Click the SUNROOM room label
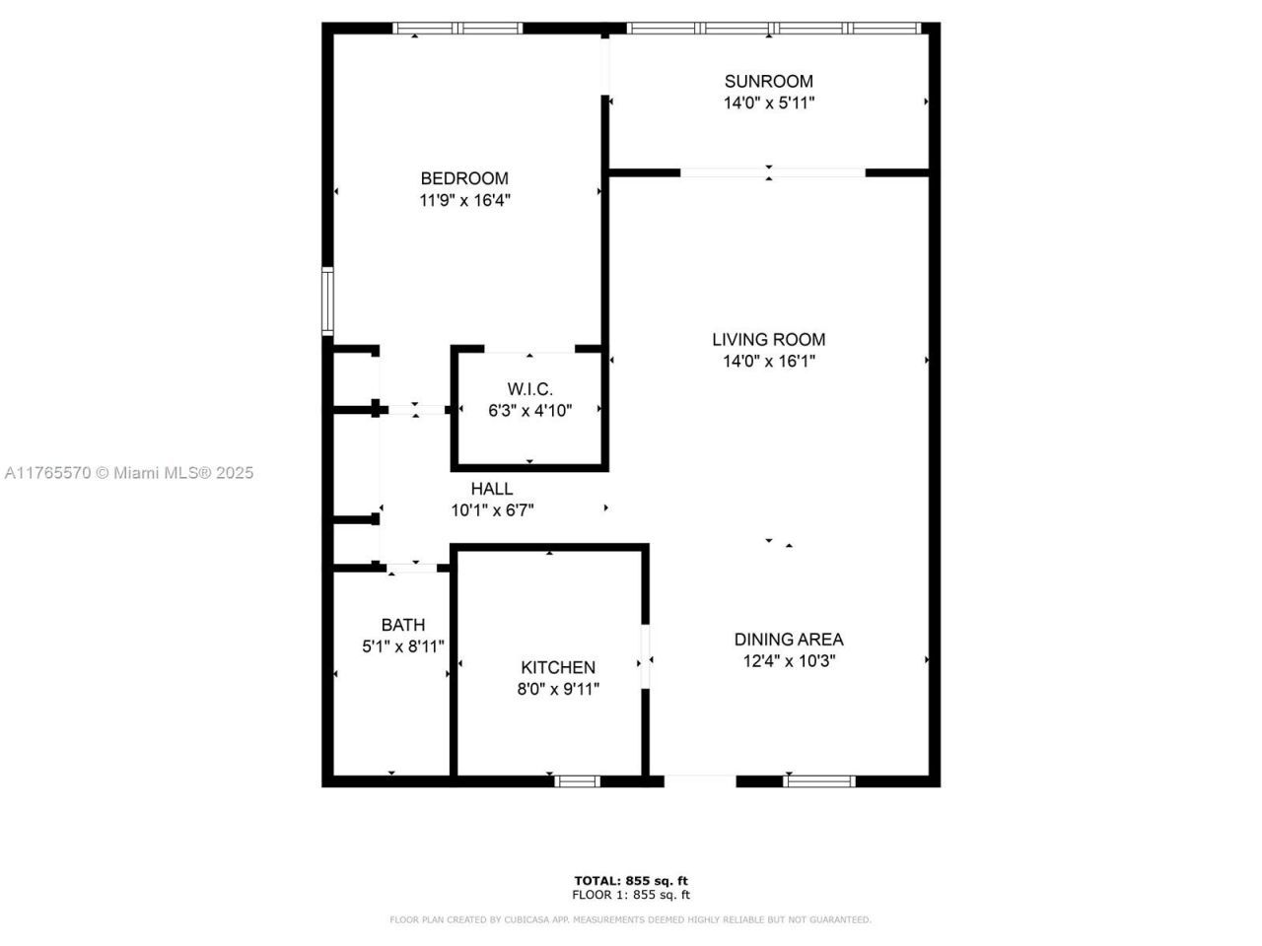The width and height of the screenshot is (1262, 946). pyautogui.click(x=768, y=81)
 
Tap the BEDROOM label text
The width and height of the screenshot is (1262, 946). pyautogui.click(x=464, y=178)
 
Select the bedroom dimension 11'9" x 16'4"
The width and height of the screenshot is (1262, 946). pyautogui.click(x=464, y=200)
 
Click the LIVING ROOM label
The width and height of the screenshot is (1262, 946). pyautogui.click(x=768, y=340)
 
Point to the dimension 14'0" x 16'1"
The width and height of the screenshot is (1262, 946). pyautogui.click(x=768, y=362)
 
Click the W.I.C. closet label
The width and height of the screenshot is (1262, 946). pyautogui.click(x=529, y=389)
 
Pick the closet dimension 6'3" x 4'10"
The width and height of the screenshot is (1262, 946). pyautogui.click(x=529, y=411)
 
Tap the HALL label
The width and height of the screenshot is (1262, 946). pyautogui.click(x=491, y=489)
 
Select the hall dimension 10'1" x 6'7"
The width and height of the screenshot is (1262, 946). pyautogui.click(x=492, y=510)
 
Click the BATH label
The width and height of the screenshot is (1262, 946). pyautogui.click(x=403, y=625)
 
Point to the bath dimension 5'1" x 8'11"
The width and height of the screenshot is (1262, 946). pyautogui.click(x=403, y=646)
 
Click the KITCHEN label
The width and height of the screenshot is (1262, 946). pyautogui.click(x=558, y=668)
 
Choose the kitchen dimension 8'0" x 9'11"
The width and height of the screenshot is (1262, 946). pyautogui.click(x=558, y=690)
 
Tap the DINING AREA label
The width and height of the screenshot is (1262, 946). pyautogui.click(x=789, y=640)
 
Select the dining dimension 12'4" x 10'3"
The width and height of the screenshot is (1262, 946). pyautogui.click(x=789, y=661)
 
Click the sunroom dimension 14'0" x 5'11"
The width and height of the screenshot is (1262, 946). pyautogui.click(x=768, y=102)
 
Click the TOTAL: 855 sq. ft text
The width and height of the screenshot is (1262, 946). pyautogui.click(x=631, y=880)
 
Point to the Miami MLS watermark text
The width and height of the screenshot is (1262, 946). pyautogui.click(x=128, y=473)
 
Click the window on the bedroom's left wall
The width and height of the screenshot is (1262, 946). pyautogui.click(x=327, y=301)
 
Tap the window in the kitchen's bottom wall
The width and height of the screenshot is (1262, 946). pyautogui.click(x=577, y=781)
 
